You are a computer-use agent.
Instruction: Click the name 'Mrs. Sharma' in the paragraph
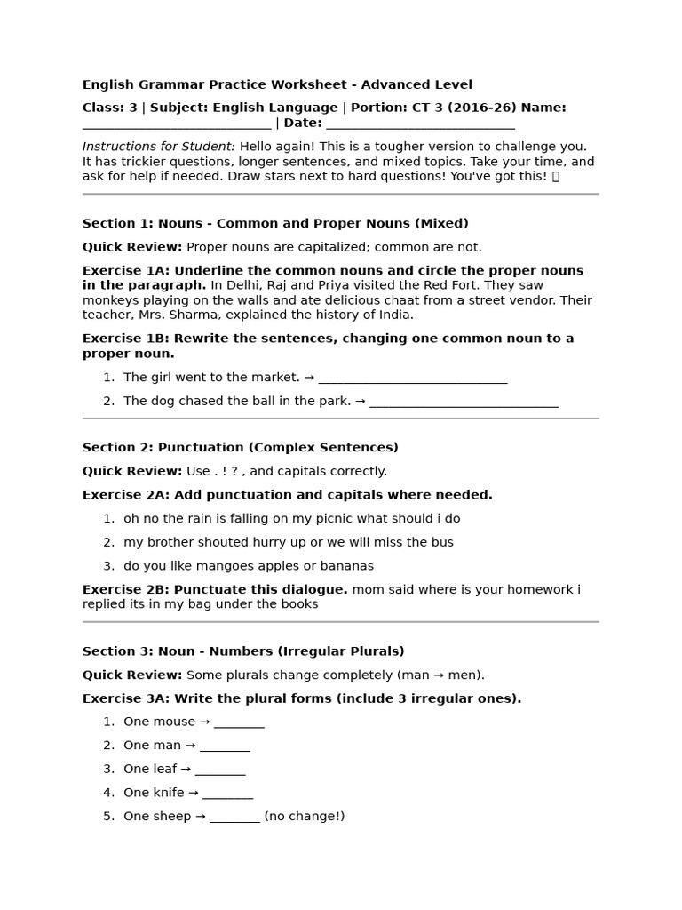click(171, 315)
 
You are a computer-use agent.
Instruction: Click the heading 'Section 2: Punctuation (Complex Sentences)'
click(241, 447)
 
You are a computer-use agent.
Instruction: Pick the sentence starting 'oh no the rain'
click(291, 518)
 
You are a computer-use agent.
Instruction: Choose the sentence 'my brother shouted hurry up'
click(288, 542)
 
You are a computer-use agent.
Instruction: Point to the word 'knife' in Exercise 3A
click(169, 793)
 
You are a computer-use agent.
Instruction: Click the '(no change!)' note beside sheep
click(304, 816)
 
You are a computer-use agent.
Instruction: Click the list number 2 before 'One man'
click(107, 746)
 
